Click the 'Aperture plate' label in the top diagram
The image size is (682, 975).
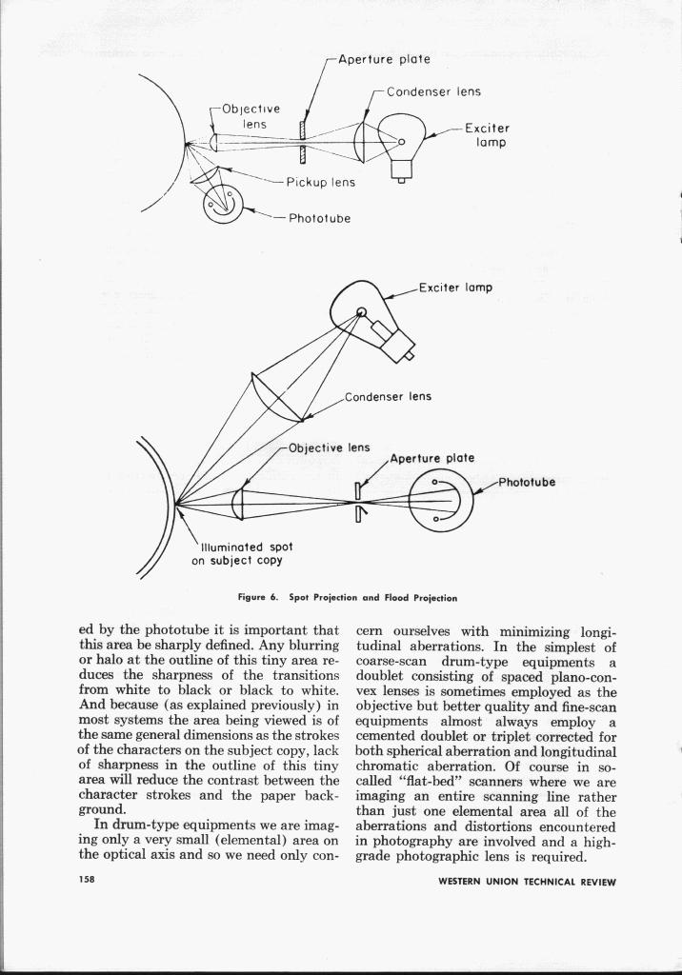385,59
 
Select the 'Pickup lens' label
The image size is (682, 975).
321,182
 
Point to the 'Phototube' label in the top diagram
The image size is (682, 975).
317,218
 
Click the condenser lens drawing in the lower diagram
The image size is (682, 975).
275,398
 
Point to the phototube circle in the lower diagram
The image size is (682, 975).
440,502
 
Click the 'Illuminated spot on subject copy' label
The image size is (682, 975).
246,554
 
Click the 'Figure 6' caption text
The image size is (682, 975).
348,598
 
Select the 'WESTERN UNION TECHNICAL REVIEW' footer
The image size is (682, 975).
527,882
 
